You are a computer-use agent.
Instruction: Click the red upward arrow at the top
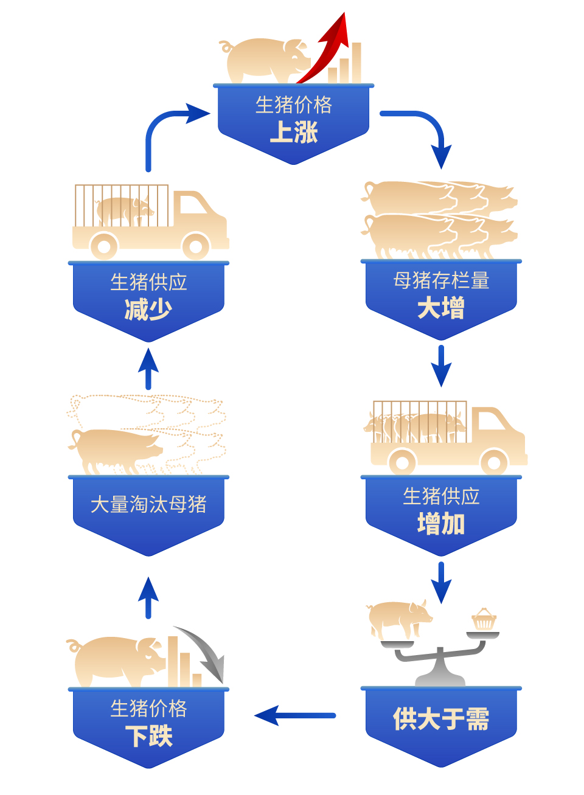tap(328, 49)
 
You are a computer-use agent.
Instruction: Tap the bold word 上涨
tap(294, 132)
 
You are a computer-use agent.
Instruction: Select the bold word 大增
tap(441, 308)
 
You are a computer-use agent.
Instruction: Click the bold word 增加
tap(441, 523)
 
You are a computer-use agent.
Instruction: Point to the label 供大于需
tap(441, 719)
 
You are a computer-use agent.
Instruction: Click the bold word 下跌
tap(149, 737)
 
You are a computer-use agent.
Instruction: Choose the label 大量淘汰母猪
tap(149, 504)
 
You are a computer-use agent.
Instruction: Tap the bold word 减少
tap(149, 309)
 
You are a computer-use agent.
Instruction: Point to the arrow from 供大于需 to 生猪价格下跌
tap(295, 715)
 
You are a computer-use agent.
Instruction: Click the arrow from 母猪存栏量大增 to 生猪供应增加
tap(441, 365)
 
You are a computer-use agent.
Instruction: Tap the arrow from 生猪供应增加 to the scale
tap(441, 581)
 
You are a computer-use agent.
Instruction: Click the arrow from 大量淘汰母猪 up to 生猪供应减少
tap(148, 369)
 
